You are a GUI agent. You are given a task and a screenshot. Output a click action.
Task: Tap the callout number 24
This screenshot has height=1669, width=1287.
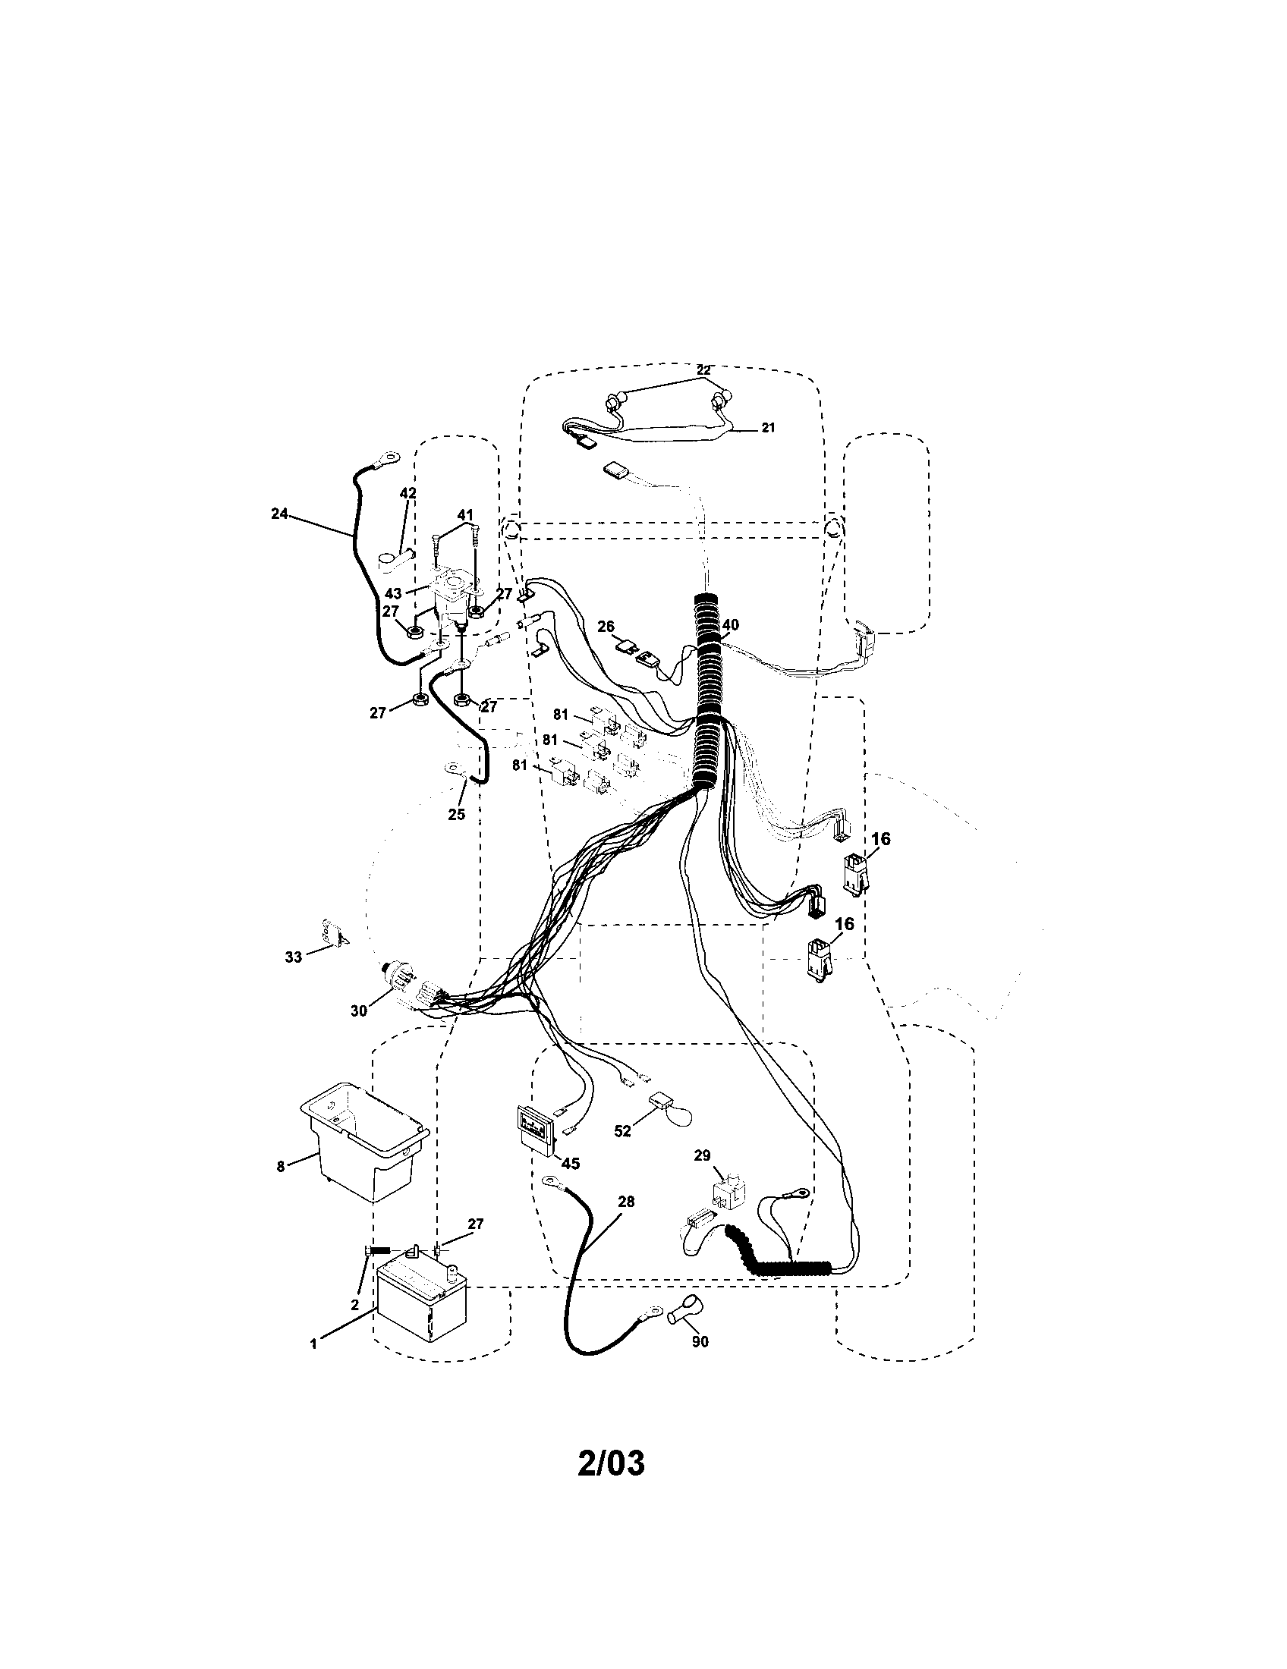(x=279, y=514)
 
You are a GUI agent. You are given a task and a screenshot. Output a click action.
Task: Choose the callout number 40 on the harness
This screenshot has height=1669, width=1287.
(x=730, y=625)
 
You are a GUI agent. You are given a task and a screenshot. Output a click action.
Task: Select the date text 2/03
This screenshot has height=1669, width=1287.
(x=612, y=1463)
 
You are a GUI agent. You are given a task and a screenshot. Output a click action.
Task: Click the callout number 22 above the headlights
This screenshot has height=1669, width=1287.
(x=704, y=371)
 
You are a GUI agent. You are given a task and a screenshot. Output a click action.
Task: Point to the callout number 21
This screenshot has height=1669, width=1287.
(x=768, y=428)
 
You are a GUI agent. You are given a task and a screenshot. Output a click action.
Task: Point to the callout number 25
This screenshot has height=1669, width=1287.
(x=456, y=815)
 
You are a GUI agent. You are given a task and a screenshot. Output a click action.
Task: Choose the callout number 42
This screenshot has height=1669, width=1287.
(x=408, y=493)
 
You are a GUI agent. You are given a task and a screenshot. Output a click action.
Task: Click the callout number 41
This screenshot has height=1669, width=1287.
(x=465, y=514)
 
